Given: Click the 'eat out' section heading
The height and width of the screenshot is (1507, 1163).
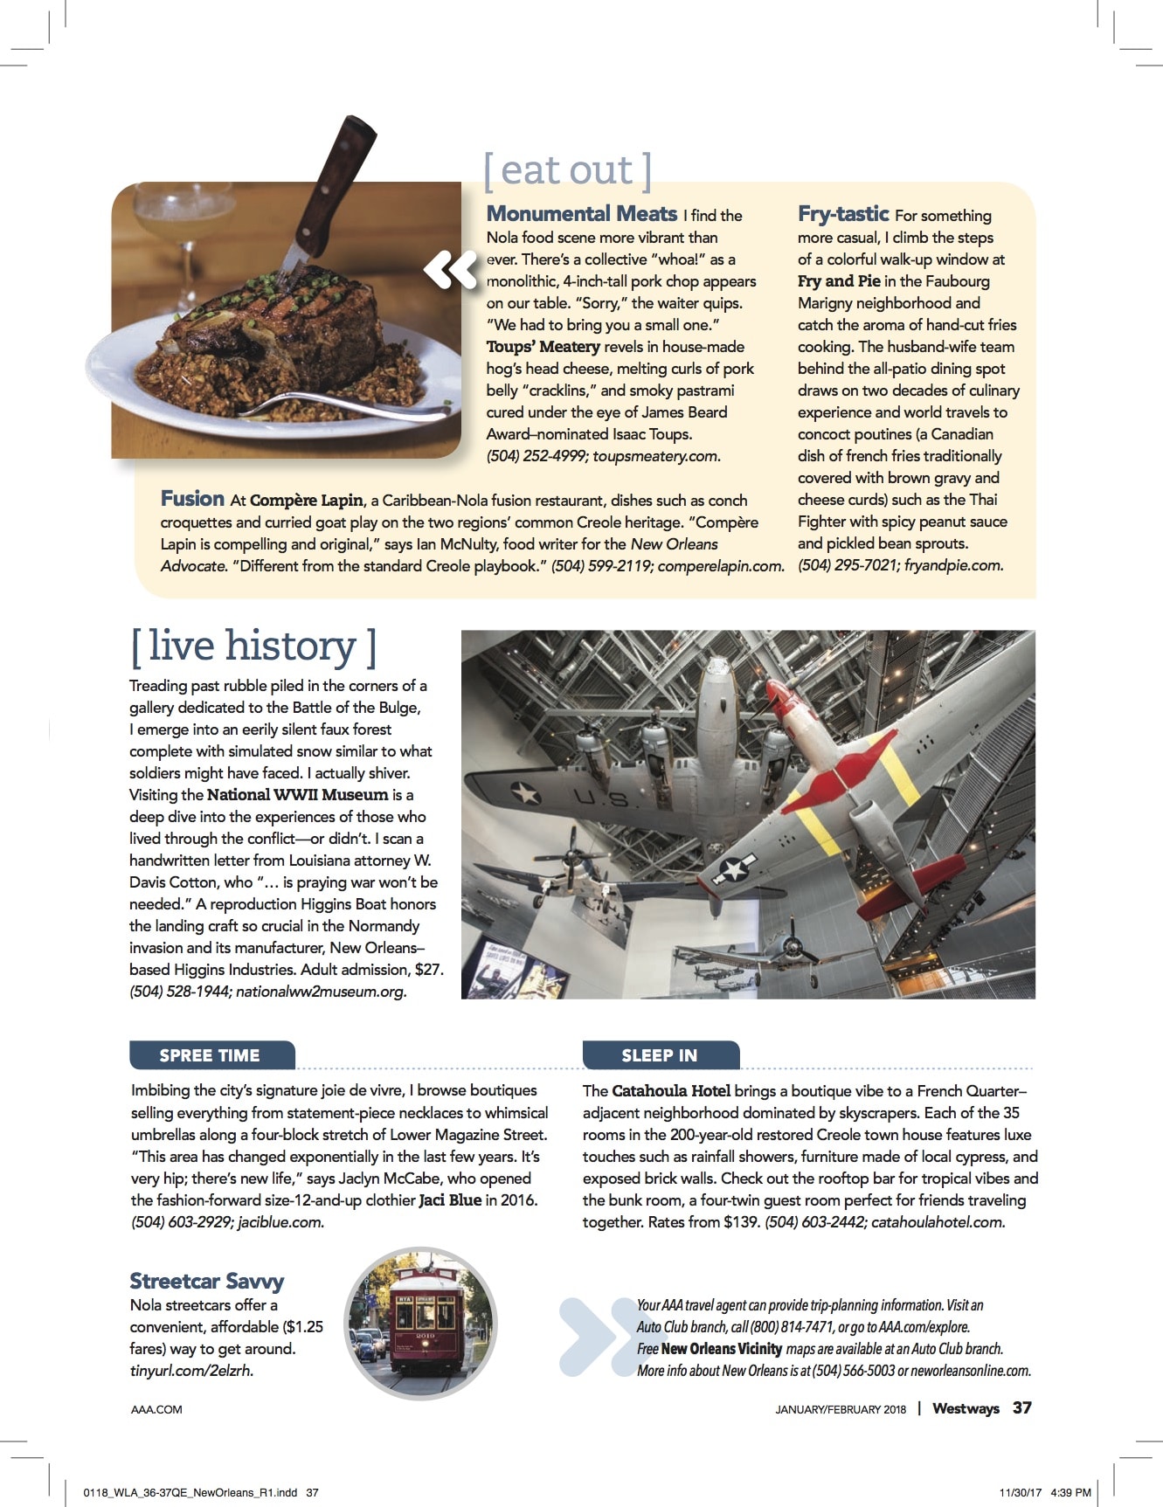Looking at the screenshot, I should point(567,170).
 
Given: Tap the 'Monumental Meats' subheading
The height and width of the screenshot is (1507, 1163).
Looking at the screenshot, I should point(581,214).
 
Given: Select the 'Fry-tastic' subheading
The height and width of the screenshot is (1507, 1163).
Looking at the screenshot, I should point(842,214).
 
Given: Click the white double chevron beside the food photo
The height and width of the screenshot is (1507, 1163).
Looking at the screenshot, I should point(451,269).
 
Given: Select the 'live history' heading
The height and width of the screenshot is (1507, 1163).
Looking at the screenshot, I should point(253,646).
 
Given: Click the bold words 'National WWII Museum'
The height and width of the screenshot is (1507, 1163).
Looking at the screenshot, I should point(297,795).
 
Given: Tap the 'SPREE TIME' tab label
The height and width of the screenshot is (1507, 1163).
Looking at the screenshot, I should point(210,1055).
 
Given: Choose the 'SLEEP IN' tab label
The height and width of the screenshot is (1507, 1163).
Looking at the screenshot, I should point(659,1055).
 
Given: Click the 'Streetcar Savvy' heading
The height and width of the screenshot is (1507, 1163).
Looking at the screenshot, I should point(207,1282).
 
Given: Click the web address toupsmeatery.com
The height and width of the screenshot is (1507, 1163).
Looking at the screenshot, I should point(655,456).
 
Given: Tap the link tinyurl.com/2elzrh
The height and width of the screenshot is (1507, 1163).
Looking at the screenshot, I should point(191,1371).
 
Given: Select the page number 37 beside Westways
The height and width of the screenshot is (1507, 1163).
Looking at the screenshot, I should point(1021,1408).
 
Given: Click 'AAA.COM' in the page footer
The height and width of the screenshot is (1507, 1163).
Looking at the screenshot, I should point(156,1409).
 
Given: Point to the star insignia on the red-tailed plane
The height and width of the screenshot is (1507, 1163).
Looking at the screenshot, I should point(735,868).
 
